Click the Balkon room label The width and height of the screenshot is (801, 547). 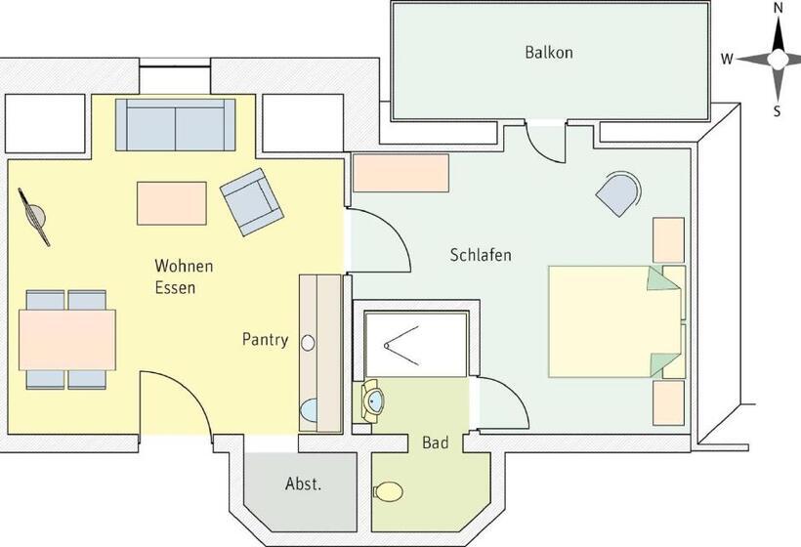pyautogui.click(x=548, y=53)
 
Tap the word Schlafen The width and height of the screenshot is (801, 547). pyautogui.click(x=481, y=255)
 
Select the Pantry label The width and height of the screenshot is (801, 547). pyautogui.click(x=265, y=340)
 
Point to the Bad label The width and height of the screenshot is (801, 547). pyautogui.click(x=436, y=442)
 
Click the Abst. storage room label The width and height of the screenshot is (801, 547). pyautogui.click(x=303, y=484)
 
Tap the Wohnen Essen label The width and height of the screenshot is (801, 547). pyautogui.click(x=184, y=276)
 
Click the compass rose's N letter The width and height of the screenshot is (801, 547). pyautogui.click(x=778, y=8)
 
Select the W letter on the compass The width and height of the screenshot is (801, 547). pyautogui.click(x=727, y=59)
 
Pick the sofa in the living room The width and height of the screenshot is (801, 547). pyautogui.click(x=175, y=125)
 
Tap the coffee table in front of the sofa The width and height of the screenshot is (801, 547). pyautogui.click(x=172, y=203)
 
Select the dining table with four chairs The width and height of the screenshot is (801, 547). pyautogui.click(x=67, y=339)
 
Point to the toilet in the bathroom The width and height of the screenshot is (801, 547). pyautogui.click(x=388, y=490)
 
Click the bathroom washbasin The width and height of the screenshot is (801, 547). pyautogui.click(x=373, y=399)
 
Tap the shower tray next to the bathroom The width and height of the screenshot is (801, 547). pyautogui.click(x=415, y=343)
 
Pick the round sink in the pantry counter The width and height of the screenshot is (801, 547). pyautogui.click(x=309, y=343)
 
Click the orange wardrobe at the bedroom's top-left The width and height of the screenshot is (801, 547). pyautogui.click(x=400, y=173)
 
